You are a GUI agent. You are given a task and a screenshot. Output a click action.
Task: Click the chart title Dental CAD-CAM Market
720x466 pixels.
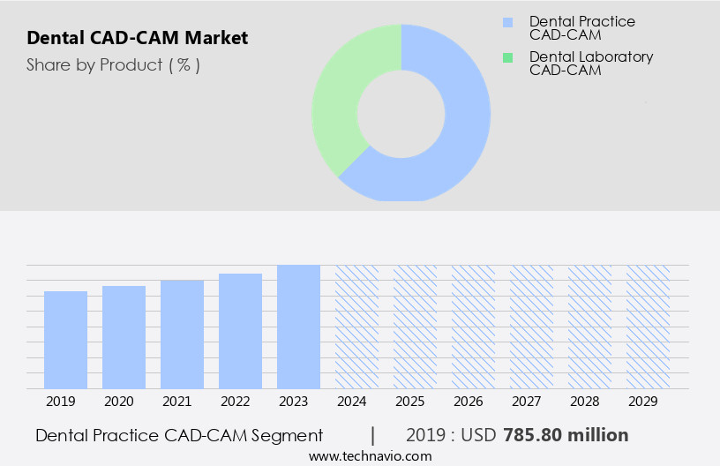[137, 38]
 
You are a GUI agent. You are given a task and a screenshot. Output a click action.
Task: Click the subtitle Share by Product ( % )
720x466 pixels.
[113, 64]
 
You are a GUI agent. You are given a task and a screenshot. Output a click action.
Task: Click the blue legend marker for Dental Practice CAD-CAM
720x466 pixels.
[506, 22]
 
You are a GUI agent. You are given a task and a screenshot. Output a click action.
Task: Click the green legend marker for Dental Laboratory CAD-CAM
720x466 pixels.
[506, 57]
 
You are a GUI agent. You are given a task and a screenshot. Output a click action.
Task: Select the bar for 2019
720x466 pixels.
[65, 340]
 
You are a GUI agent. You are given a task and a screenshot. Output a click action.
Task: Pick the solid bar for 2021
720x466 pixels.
[182, 334]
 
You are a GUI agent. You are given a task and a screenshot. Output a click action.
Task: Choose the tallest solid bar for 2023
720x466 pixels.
[298, 327]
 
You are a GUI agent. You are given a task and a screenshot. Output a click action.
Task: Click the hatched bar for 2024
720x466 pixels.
[356, 327]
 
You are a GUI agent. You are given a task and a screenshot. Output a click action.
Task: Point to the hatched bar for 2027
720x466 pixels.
[531, 327]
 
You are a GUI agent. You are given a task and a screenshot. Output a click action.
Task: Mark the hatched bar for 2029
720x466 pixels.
[648, 327]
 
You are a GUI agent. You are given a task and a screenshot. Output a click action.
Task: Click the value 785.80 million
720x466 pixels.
[566, 435]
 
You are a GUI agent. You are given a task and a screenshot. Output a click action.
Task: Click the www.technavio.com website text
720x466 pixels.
[370, 456]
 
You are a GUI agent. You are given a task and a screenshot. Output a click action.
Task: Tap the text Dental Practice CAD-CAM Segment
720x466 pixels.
[179, 435]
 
